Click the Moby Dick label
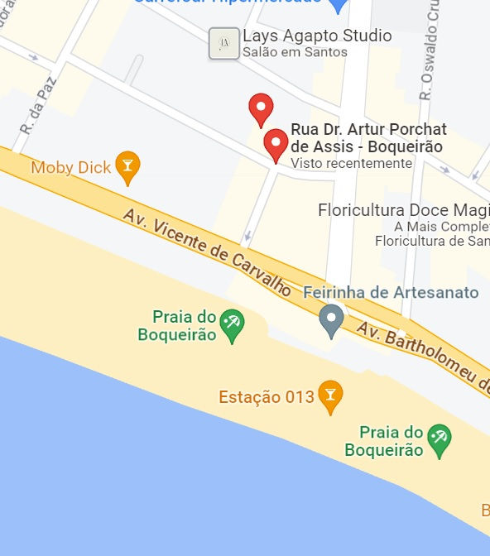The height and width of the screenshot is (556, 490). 70,168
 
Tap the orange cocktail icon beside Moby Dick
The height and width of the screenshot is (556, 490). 127,167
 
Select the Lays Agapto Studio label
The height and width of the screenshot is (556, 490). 317,36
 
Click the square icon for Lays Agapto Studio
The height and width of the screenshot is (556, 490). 221,42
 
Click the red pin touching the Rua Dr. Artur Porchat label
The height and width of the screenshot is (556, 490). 276,146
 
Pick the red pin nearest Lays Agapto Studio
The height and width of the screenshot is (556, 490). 261,109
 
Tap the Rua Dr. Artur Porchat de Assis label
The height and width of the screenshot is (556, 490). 368,138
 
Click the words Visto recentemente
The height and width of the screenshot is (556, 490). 351,163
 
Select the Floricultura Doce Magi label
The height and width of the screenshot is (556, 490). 403,210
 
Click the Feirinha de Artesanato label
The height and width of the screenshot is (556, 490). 391,292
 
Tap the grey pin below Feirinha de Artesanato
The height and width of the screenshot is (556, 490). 332,320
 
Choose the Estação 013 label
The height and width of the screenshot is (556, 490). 267,397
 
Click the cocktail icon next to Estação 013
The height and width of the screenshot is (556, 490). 330,396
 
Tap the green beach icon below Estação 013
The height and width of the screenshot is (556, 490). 438,441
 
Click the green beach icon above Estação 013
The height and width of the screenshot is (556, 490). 233,325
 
